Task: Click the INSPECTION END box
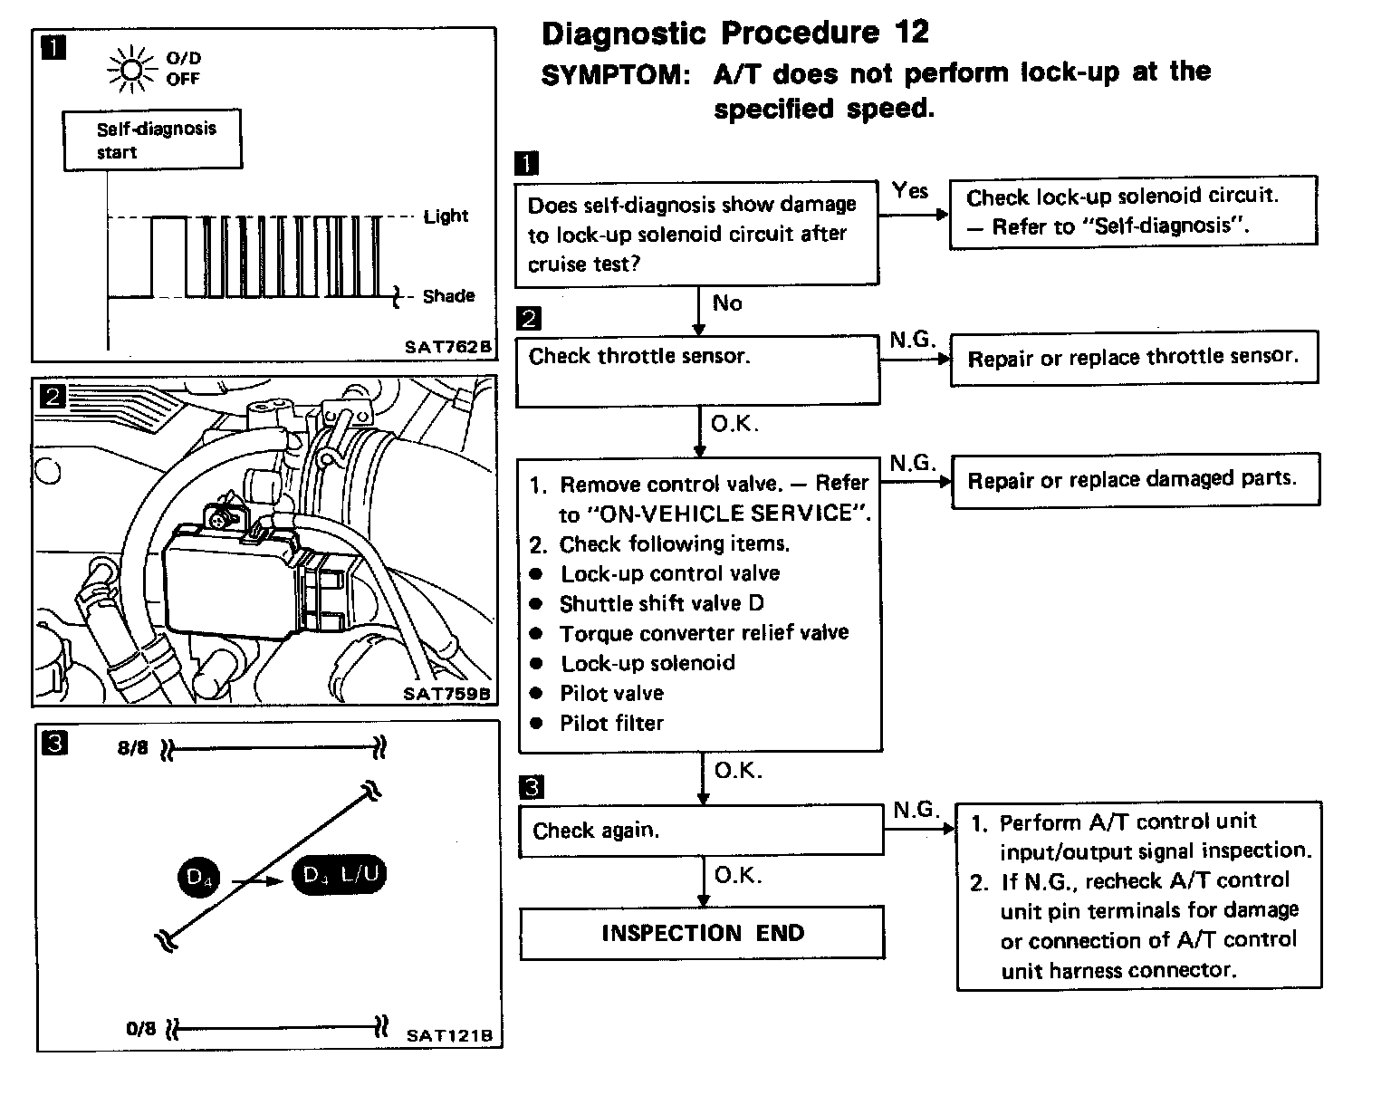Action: [702, 933]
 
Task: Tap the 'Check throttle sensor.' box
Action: [697, 370]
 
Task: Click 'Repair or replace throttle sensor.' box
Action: [1133, 358]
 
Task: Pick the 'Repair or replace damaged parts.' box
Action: [1134, 479]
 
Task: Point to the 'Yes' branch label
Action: [909, 190]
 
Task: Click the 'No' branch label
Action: [726, 303]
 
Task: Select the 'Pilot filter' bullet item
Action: [611, 723]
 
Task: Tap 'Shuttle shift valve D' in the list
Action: [661, 603]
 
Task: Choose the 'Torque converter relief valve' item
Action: [704, 633]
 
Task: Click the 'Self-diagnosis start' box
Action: [152, 140]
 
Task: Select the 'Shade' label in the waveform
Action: [447, 296]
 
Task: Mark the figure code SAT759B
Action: [446, 694]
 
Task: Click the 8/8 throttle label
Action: [132, 748]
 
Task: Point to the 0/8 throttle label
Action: [141, 1029]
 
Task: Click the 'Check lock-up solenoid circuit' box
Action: [1133, 211]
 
